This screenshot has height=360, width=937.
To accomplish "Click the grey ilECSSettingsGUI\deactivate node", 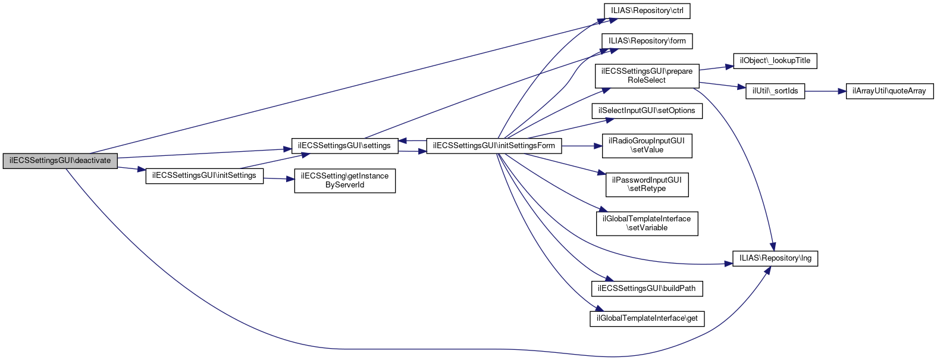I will (60, 161).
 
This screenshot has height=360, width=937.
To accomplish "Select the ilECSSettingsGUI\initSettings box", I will (204, 176).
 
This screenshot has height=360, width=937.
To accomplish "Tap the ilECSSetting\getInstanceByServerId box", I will (344, 180).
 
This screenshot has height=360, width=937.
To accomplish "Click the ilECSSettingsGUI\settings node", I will (344, 146).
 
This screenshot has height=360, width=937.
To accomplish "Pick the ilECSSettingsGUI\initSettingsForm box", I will (494, 146).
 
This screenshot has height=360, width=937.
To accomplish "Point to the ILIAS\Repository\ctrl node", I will (647, 11).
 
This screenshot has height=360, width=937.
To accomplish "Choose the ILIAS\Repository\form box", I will (647, 41).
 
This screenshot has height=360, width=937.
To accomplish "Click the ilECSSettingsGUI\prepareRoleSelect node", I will (647, 76).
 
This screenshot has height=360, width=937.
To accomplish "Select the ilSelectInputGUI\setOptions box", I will (647, 111).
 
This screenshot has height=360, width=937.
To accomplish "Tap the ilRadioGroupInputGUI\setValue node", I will (647, 146).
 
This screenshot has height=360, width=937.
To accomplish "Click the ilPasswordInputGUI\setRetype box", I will (647, 184).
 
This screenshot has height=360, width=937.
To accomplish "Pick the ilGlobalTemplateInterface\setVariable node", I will (647, 223).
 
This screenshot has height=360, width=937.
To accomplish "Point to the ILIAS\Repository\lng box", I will (775, 258).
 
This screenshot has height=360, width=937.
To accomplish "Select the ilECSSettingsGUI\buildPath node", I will (647, 289).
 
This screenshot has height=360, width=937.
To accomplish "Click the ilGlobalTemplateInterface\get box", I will (647, 318).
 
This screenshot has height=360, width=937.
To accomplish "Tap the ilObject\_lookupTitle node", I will (775, 61).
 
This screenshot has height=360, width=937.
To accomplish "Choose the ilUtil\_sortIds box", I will (775, 91).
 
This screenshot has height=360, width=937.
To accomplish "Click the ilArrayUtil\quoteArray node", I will (889, 91).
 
